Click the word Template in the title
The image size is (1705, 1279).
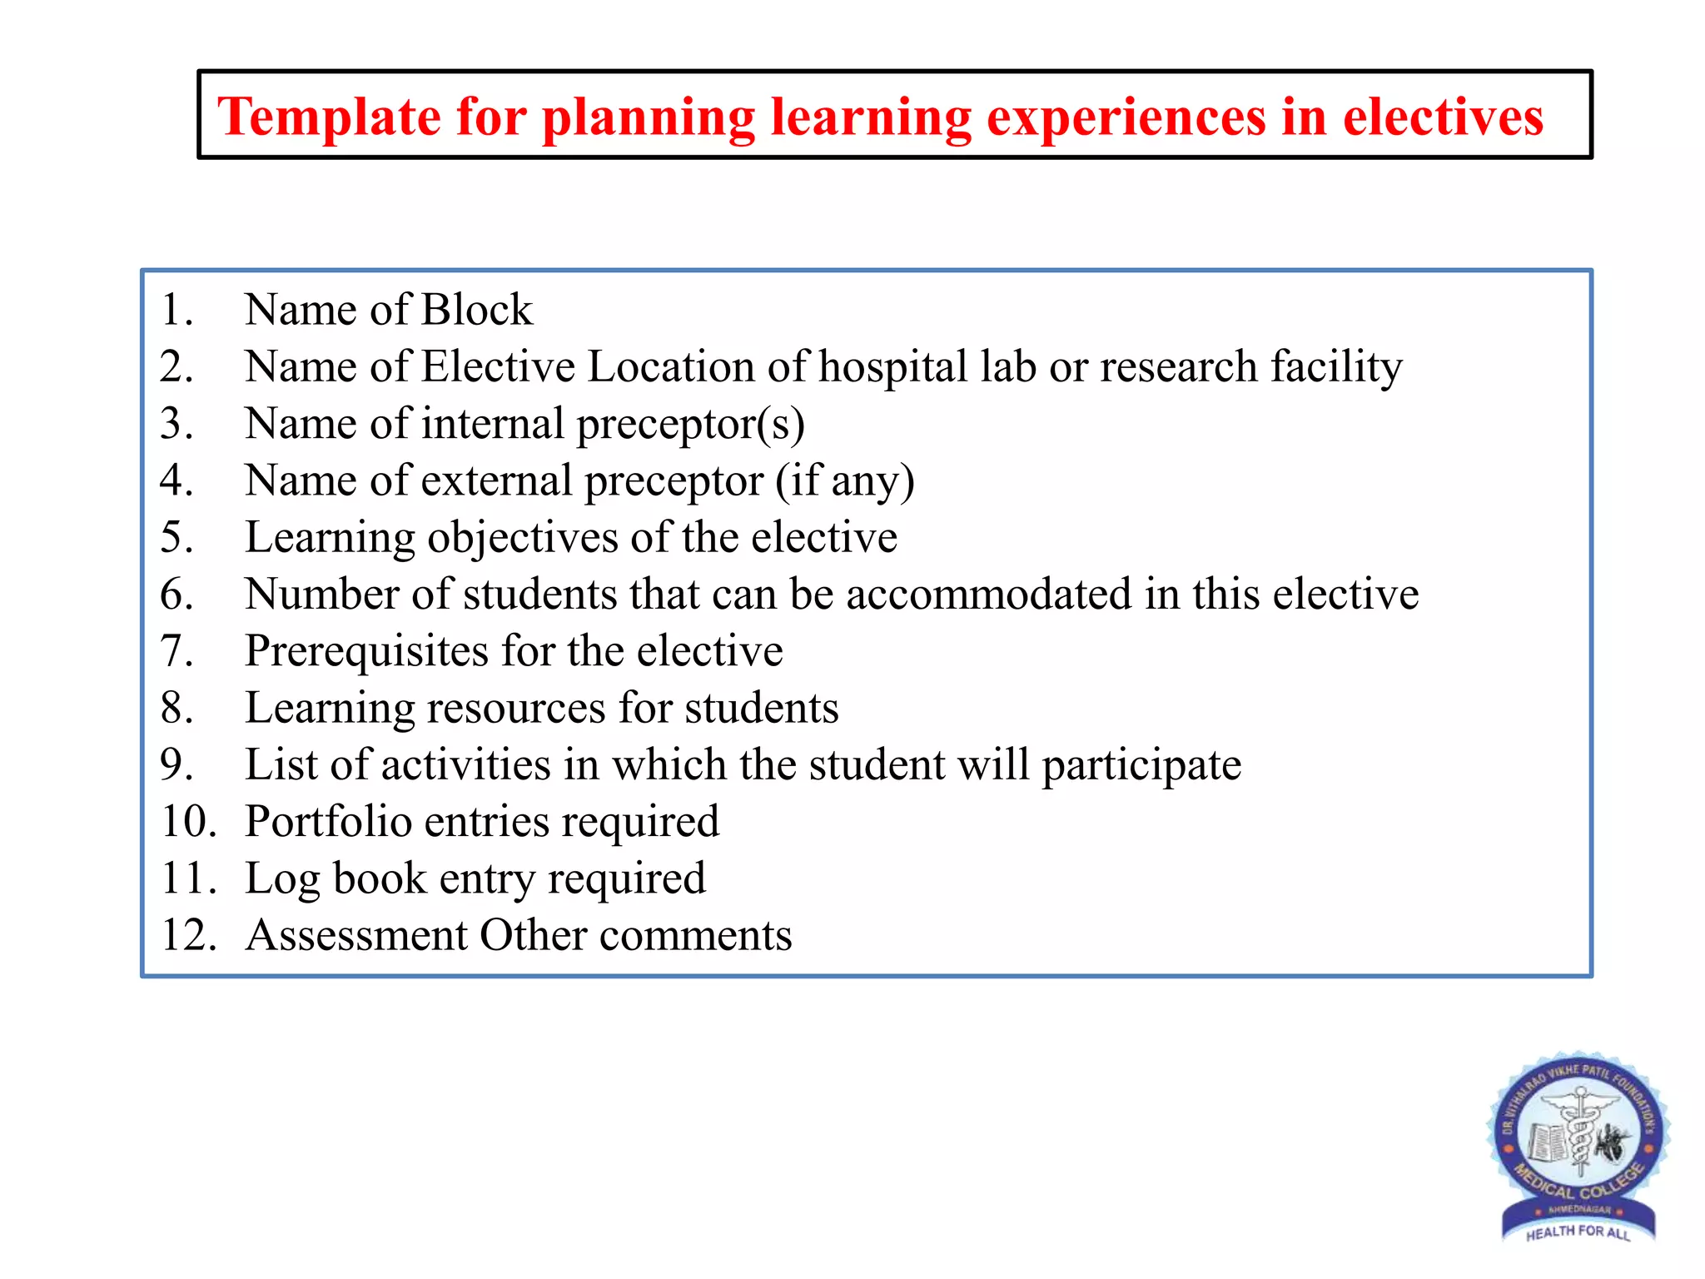329,117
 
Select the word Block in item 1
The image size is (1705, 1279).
476,310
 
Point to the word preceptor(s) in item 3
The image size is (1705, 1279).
690,424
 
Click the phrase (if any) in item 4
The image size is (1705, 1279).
845,480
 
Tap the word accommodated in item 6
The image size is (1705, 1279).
988,595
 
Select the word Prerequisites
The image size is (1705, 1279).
366,651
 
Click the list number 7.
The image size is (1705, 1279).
176,651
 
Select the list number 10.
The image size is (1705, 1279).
188,822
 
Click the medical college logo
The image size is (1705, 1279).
1578,1145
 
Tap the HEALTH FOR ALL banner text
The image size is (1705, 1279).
1578,1232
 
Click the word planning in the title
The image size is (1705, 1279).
648,117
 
